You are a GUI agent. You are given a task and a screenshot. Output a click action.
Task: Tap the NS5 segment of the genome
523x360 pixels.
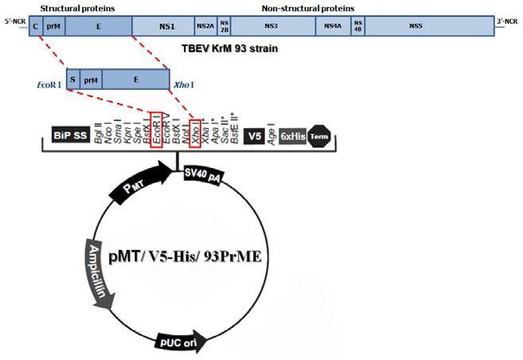[x=415, y=27]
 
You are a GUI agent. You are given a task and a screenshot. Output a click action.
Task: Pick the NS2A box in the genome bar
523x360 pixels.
[x=205, y=27]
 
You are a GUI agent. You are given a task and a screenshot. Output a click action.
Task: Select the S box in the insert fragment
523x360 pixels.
[x=72, y=80]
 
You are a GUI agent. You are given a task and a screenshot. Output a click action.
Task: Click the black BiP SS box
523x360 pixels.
[x=70, y=136]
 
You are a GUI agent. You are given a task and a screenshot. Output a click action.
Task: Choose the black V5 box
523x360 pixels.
[x=256, y=136]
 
